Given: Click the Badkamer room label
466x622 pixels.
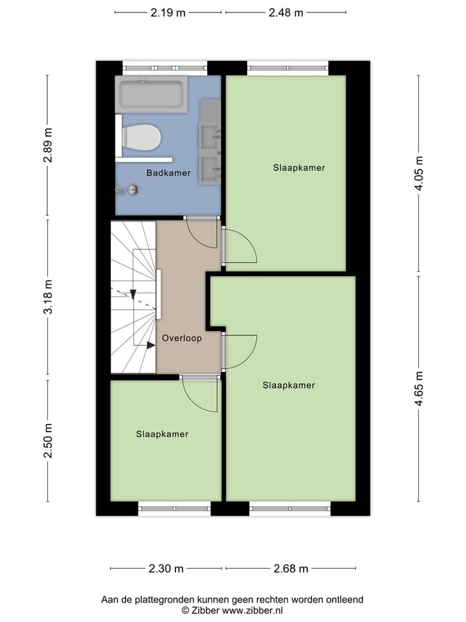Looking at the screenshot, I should [168, 173].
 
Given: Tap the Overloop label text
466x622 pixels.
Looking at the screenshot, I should [182, 338].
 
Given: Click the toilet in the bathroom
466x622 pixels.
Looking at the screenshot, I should [141, 137].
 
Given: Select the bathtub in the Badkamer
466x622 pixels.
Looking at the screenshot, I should [151, 95].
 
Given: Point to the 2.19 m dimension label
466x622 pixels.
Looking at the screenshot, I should [168, 12].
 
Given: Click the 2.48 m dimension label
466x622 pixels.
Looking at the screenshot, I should [285, 12].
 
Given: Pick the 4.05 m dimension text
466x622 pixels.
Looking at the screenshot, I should [419, 174].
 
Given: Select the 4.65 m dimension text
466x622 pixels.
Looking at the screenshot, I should [419, 389].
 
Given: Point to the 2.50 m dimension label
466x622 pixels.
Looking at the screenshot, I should [47, 441].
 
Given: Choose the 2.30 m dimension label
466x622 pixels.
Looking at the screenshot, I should [166, 569].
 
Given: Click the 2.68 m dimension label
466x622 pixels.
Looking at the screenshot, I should [290, 569].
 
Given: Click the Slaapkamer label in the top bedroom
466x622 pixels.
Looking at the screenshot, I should [298, 168].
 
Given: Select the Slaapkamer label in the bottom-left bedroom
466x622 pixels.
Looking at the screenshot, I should [162, 434].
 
